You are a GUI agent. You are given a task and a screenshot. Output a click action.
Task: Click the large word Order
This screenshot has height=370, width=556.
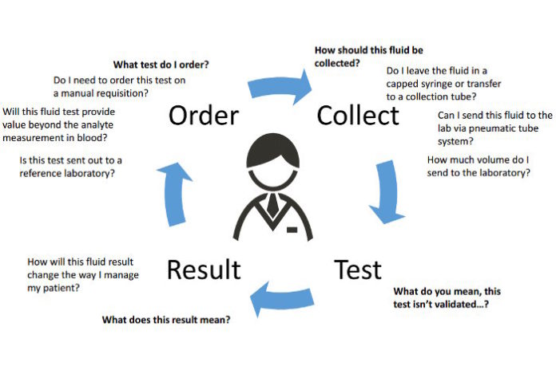pyautogui.click(x=203, y=116)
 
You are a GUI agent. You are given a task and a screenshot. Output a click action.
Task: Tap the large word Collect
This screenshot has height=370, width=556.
pyautogui.click(x=357, y=116)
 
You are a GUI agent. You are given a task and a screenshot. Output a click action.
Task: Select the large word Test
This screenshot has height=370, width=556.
pyautogui.click(x=357, y=269)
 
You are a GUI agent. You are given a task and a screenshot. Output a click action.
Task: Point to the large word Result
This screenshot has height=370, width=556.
pyautogui.click(x=203, y=269)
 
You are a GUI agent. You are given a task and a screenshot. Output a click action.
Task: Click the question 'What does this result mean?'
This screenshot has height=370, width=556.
pyautogui.click(x=166, y=320)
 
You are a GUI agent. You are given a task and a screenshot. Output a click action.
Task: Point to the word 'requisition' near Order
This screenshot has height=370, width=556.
pyautogui.click(x=118, y=94)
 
